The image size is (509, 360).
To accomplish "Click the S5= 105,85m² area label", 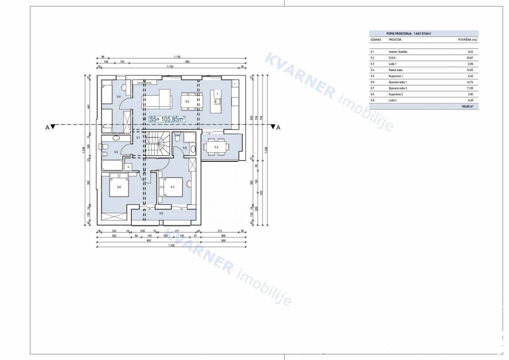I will [167, 120].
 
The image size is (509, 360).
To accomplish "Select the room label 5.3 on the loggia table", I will [216, 147].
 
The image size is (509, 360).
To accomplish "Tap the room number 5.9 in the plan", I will [161, 213].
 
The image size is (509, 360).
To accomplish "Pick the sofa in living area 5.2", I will [159, 99].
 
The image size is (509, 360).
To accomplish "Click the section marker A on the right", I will [278, 127].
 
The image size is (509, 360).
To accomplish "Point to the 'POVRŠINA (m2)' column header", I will [468, 39].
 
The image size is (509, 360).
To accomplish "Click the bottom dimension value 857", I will [148, 241].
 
